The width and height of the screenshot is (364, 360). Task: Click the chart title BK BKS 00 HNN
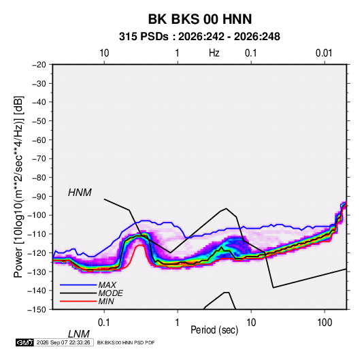200,19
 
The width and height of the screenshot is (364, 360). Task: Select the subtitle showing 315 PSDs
199,37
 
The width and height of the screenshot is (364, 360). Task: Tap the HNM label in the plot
80,193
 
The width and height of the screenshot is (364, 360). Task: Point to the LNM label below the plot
79,334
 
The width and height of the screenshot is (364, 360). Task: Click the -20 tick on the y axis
39,65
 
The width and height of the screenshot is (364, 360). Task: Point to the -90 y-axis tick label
39,197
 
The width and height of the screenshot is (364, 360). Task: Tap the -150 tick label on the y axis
37,310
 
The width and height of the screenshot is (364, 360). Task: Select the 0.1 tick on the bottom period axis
104,323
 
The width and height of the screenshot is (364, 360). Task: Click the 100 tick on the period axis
325,323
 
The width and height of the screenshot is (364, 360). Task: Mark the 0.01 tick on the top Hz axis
324,53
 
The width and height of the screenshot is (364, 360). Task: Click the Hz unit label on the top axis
214,53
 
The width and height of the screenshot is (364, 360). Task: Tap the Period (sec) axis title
214,330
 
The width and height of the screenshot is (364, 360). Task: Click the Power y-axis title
18,187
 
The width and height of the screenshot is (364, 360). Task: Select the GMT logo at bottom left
24,342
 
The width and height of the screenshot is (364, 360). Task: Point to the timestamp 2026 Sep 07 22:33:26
63,342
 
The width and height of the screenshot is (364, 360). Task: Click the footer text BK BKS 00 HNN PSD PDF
126,342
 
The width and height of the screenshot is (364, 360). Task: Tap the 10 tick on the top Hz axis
104,53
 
